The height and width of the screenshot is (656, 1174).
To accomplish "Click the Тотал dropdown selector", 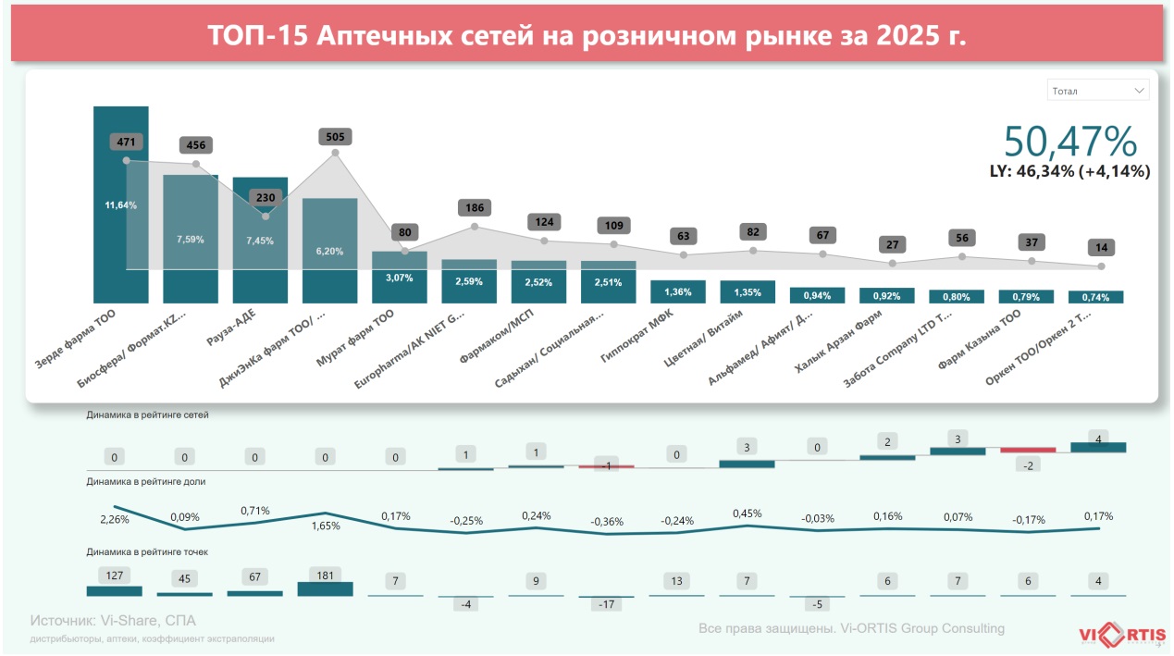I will coord(1098,91).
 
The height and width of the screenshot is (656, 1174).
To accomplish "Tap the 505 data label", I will coord(335,137).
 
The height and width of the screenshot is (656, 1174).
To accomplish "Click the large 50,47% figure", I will coord(1069,142).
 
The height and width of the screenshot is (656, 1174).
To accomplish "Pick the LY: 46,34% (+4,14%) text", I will coord(1069,171).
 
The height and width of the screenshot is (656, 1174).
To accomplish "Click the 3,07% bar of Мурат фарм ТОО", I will coord(399,277).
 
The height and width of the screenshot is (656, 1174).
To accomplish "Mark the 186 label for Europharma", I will coord(474,208).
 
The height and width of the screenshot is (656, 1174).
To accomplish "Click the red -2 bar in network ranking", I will coord(1027,451).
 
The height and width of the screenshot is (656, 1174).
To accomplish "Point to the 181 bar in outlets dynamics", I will coord(325,588).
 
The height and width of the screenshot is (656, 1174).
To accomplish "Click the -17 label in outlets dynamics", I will coord(608,604).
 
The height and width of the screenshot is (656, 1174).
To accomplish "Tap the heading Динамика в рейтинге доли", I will coord(146,481).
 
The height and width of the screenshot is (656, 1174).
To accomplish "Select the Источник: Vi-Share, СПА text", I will coord(113,621).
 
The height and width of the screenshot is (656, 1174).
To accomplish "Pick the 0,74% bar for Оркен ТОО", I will coord(1095,297).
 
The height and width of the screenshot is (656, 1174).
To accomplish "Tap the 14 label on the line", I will coord(1101,248).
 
